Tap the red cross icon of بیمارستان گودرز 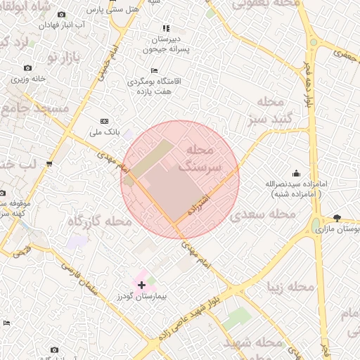tap(142, 285)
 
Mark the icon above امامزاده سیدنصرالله tap(295, 173)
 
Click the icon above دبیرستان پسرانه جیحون tap(166, 29)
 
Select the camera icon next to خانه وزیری tap(27, 68)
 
